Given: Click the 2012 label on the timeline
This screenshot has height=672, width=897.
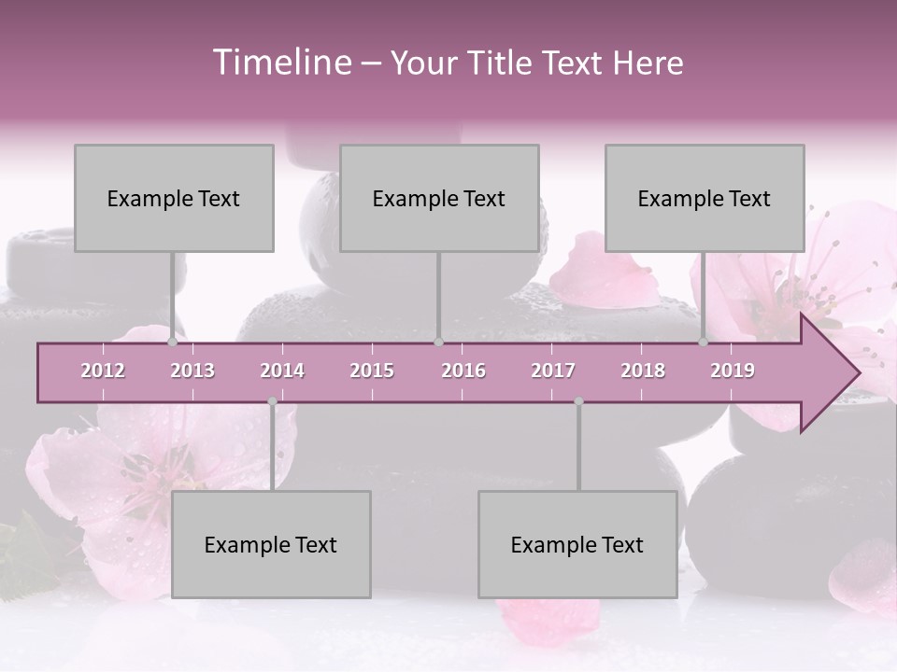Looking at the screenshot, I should [103, 371].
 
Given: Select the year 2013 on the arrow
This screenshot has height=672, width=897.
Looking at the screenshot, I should [192, 371].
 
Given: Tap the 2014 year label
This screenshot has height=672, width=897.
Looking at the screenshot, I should [282, 371].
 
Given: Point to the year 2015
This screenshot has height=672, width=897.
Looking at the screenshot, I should [372, 371].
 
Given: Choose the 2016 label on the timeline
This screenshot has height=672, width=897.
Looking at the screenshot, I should [463, 371].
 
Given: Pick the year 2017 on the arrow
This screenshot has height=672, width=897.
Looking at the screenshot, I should [553, 371].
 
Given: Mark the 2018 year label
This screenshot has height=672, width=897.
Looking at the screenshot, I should [643, 371].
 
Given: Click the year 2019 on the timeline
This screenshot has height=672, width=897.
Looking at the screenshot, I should [733, 371].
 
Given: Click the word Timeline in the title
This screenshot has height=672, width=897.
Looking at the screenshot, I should [280, 63].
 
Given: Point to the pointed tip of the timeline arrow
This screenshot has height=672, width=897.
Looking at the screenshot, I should [857, 373].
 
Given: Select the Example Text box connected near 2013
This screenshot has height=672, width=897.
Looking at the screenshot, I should [174, 198].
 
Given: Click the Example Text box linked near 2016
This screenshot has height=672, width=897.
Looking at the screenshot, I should [439, 198].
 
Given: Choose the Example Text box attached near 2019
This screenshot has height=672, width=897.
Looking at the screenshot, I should [705, 198].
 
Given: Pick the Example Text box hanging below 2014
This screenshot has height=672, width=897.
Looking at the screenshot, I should [271, 544].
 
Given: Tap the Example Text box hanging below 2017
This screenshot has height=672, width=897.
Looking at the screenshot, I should [577, 544].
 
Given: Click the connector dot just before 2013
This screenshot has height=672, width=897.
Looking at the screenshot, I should [173, 343].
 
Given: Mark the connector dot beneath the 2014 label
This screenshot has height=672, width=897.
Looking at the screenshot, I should [272, 401].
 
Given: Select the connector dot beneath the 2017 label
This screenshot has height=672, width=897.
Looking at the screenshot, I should [578, 401].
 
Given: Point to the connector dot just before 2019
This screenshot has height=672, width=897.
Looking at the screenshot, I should [704, 343].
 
